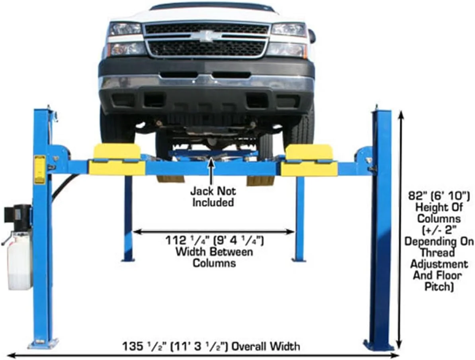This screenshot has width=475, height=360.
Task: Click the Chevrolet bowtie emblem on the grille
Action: (x=206, y=36)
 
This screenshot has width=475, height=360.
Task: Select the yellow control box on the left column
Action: (x=40, y=169)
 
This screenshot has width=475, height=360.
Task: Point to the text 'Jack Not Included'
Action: (x=213, y=196)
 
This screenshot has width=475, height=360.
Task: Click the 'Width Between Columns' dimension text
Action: (x=215, y=252)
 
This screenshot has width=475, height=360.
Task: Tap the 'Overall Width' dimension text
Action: (x=211, y=346)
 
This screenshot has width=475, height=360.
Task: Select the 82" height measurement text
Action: (x=438, y=241)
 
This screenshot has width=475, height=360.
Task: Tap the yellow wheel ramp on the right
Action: (x=309, y=160)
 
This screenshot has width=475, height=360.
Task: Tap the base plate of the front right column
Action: (x=379, y=344)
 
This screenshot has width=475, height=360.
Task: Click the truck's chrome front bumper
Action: (x=206, y=83)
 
